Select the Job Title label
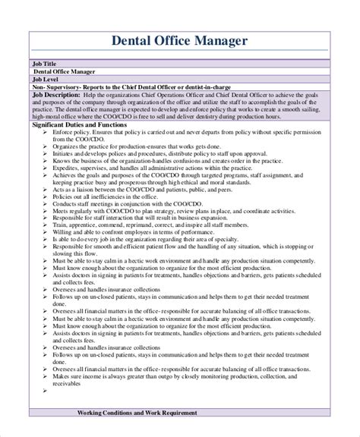(x=47, y=64)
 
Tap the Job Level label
(x=48, y=78)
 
